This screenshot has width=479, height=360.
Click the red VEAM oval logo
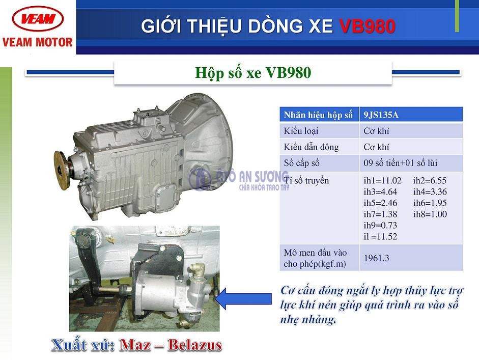pos(38,18)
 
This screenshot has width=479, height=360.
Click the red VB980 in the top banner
pos(367,26)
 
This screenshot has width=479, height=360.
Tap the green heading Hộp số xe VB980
pos(253,73)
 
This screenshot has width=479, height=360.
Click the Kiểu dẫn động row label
pos(311,147)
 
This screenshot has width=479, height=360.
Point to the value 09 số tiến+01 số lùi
pos(400,163)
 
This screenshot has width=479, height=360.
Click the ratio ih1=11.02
pos(382,180)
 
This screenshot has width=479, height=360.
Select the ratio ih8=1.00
pos(430,214)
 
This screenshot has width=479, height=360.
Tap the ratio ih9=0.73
pos(380,225)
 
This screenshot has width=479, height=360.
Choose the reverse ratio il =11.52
pos(380,236)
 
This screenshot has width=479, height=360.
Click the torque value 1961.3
pos(376,258)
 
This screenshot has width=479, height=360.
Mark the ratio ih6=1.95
pos(430,203)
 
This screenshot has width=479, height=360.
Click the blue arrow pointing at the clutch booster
pos(243,298)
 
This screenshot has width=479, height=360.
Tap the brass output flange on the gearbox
pos(62,170)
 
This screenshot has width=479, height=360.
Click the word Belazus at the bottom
pos(194,345)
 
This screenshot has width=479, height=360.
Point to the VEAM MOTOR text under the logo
pos(37,42)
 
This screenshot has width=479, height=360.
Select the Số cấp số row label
pos(301,163)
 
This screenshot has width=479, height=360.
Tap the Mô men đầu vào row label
pos(315,258)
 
